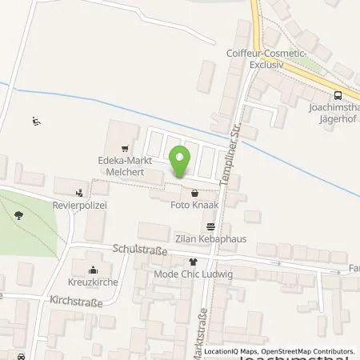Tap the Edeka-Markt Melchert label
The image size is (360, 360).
(125, 166)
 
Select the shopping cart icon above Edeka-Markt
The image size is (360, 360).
(125, 149)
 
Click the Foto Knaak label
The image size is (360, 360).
(195, 206)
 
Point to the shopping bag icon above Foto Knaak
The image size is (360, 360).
(195, 193)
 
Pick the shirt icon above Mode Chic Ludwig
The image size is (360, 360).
(192, 262)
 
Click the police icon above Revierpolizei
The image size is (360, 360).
(80, 192)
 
